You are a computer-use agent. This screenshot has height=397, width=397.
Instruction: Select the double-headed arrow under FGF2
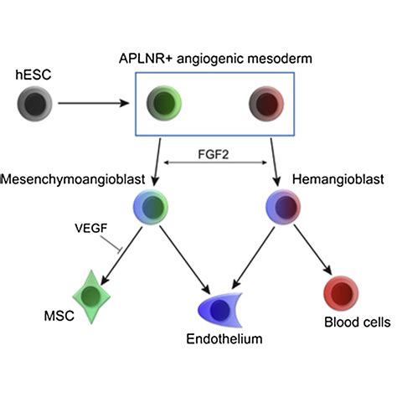[214, 163]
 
